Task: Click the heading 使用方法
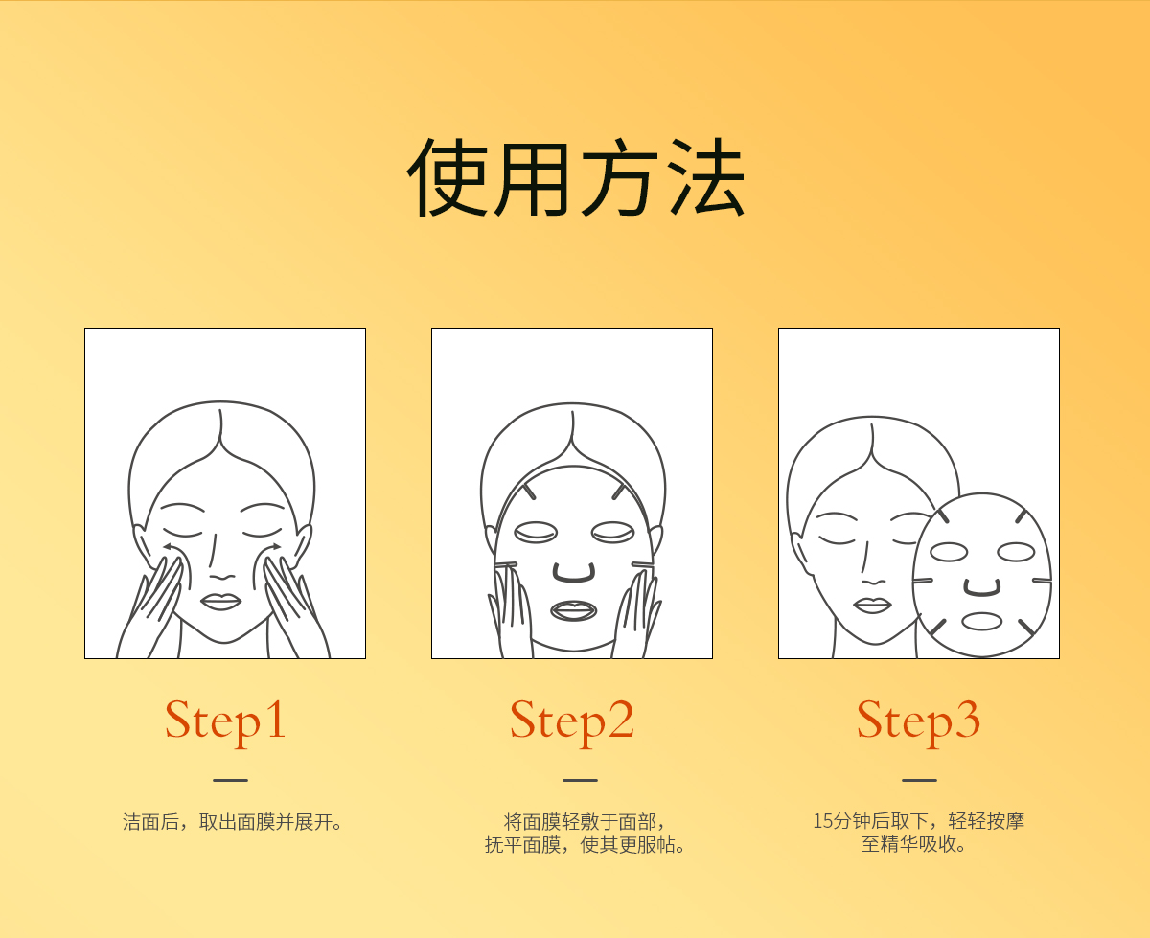575,176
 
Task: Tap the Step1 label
225,721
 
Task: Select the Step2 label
572,721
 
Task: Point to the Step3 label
919,721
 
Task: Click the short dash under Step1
230,781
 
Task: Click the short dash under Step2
580,781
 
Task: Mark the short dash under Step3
919,781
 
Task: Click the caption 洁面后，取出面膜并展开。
233,822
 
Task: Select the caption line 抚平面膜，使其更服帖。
586,845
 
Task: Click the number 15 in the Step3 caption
823,821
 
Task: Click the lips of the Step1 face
220,603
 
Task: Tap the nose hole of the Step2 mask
574,573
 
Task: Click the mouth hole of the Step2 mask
574,610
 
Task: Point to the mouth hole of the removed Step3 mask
981,621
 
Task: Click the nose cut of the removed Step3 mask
982,588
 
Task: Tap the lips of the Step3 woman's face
872,606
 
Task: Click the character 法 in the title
705,176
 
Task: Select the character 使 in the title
447,176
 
